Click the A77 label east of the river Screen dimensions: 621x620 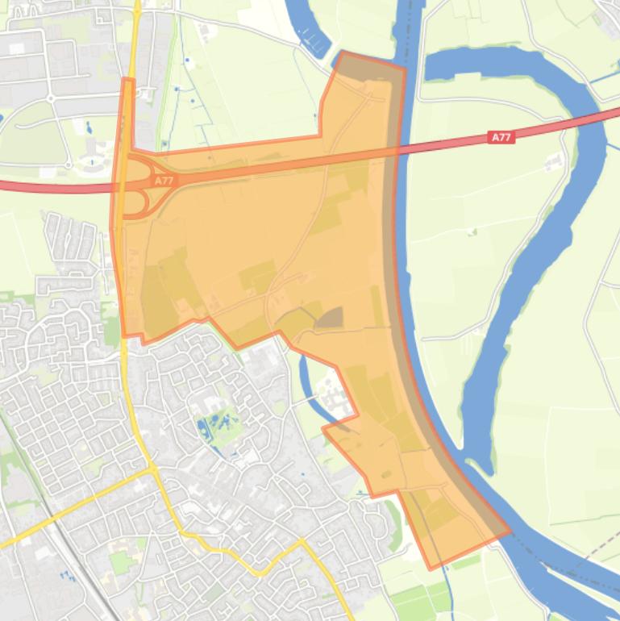tap(501, 138)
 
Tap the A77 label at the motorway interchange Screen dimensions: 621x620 tap(164, 181)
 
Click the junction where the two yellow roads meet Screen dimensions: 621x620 tap(152, 469)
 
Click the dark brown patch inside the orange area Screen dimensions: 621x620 tap(329, 318)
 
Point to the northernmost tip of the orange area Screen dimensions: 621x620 tap(343, 53)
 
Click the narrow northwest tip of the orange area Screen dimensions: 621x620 tap(127, 81)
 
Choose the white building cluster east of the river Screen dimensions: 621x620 tap(555, 161)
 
